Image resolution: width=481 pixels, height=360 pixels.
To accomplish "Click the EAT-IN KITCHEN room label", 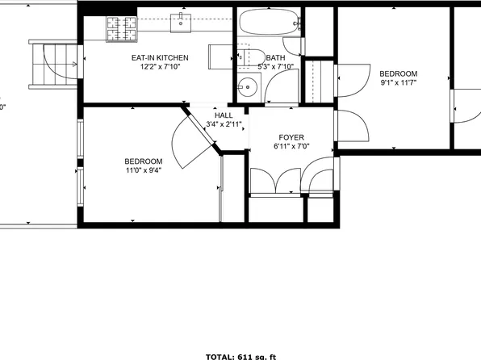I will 160,58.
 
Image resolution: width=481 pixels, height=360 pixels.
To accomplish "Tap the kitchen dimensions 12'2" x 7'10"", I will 160,67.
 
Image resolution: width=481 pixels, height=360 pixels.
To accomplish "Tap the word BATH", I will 275,58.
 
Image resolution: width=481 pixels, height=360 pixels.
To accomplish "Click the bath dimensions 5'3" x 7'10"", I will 275,67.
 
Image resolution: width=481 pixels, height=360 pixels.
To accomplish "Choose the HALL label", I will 224,115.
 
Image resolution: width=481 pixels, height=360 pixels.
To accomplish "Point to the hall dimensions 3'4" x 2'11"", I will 224,124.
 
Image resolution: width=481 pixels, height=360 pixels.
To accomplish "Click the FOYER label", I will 291,137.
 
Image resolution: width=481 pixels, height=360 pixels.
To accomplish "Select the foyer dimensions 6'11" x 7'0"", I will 291,146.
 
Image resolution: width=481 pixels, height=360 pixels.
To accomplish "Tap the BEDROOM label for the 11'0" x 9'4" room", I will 144,161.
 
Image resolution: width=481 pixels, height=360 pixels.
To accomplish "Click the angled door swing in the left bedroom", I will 192,141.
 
